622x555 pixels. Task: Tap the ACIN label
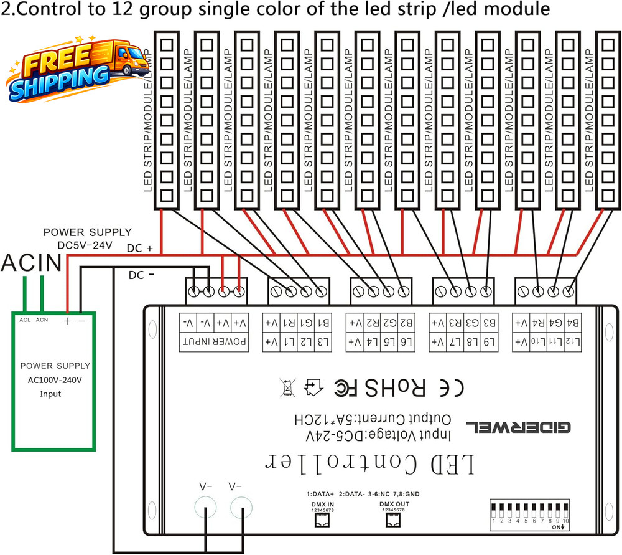[x=31, y=263]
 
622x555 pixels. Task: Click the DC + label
[x=140, y=248]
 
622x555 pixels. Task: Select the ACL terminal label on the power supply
[x=25, y=320]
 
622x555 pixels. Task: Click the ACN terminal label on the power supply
[x=42, y=320]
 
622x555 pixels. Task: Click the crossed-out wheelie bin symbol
[x=287, y=388]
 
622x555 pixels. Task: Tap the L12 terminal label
[x=572, y=342]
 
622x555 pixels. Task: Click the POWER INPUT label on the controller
[x=215, y=342]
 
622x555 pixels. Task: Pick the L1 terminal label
[x=289, y=342]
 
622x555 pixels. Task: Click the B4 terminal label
[x=572, y=323]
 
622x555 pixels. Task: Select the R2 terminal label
[x=373, y=323]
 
